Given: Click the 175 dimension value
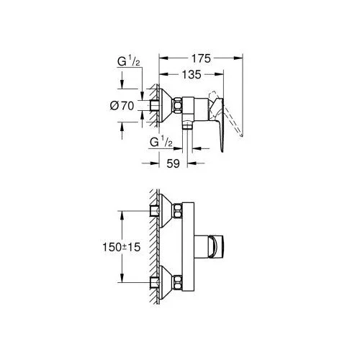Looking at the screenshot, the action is tap(201, 58).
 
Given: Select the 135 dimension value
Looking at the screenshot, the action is tap(192, 75).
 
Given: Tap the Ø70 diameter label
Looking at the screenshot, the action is tap(122, 106).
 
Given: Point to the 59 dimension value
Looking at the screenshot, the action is tap(173, 163).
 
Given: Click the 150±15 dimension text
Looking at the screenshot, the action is tap(121, 247).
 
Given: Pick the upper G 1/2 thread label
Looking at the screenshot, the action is tap(128, 61).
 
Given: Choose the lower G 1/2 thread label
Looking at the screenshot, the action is tap(161, 142).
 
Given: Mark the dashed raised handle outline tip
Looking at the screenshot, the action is tap(241, 135).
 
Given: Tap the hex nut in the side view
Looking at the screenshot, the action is tap(178, 105).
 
